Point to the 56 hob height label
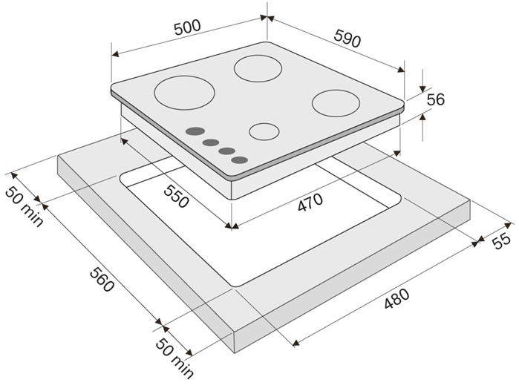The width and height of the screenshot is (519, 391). point(436,100)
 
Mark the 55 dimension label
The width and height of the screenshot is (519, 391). point(502,240)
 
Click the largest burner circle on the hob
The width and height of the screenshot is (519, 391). point(185,93)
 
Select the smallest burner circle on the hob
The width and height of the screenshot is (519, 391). point(264,132)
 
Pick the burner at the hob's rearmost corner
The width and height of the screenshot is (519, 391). point(258,68)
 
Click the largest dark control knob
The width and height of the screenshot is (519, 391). point(195,131)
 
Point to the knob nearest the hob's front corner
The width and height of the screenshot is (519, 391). point(239,160)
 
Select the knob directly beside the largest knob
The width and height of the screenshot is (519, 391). point(211,142)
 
